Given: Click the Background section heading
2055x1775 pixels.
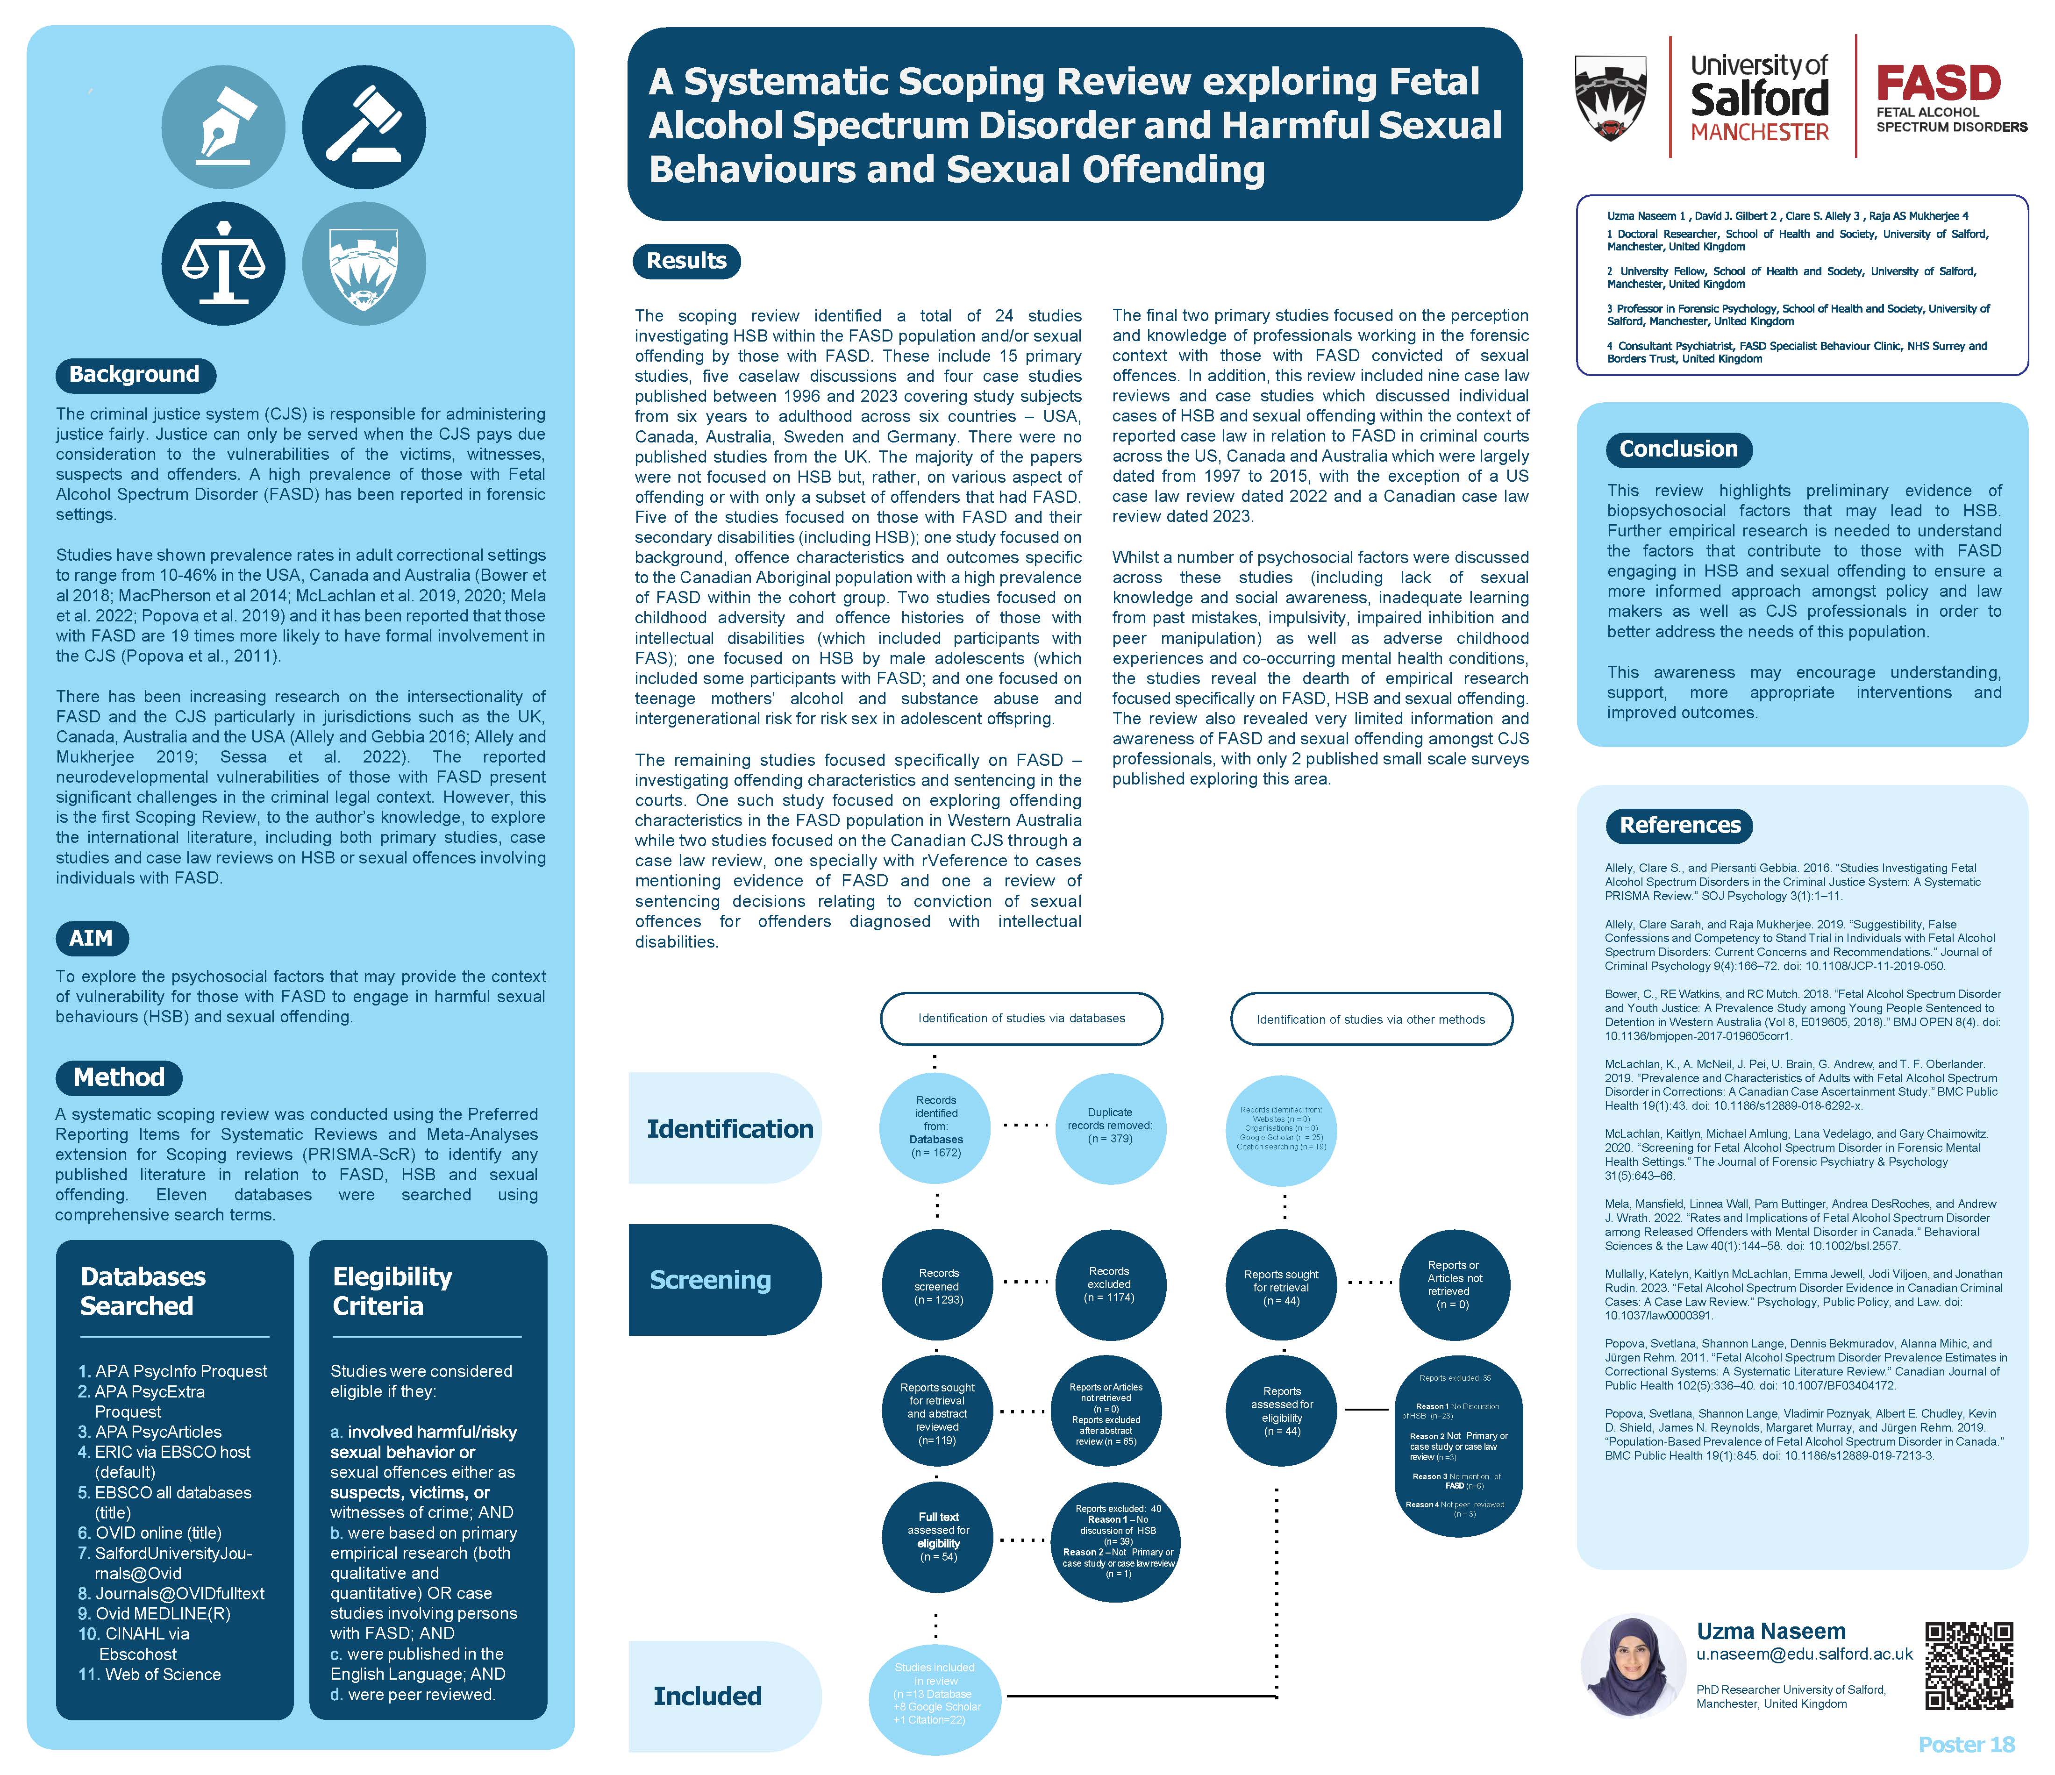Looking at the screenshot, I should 135,375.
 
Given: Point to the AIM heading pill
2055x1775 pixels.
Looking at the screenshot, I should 91,938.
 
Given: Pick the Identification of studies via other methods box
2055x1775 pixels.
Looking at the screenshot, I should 1370,1019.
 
